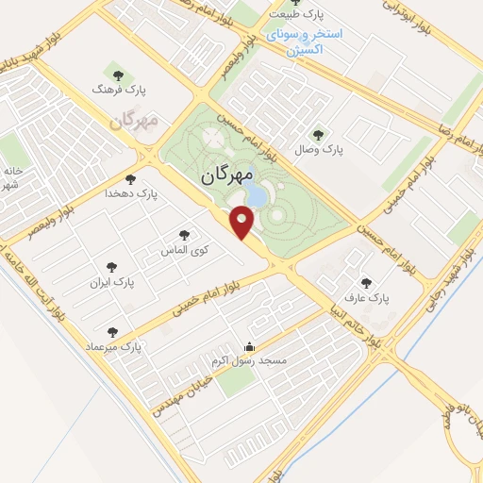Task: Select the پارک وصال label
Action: click(x=320, y=149)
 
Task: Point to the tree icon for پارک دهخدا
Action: click(x=130, y=178)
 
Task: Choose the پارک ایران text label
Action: click(x=112, y=282)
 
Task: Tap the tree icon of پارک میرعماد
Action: click(x=113, y=332)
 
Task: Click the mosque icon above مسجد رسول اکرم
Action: click(x=249, y=346)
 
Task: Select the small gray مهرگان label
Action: click(x=132, y=122)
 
